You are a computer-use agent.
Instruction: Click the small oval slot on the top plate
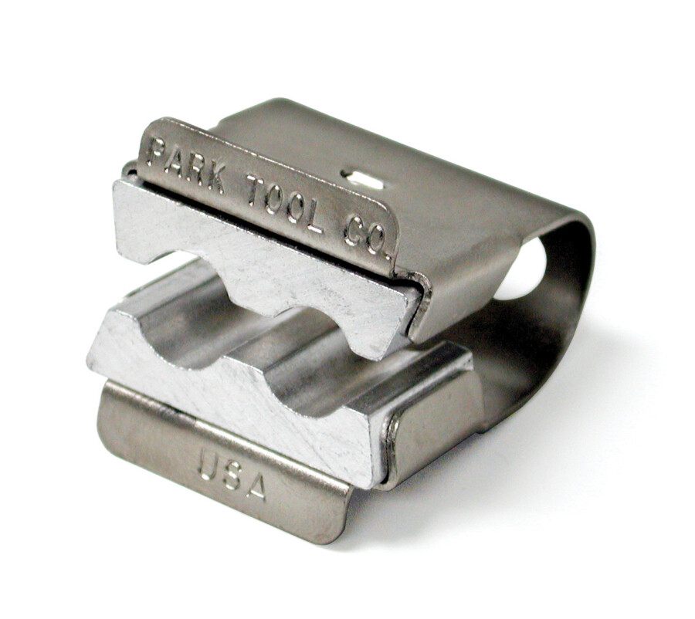363,181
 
